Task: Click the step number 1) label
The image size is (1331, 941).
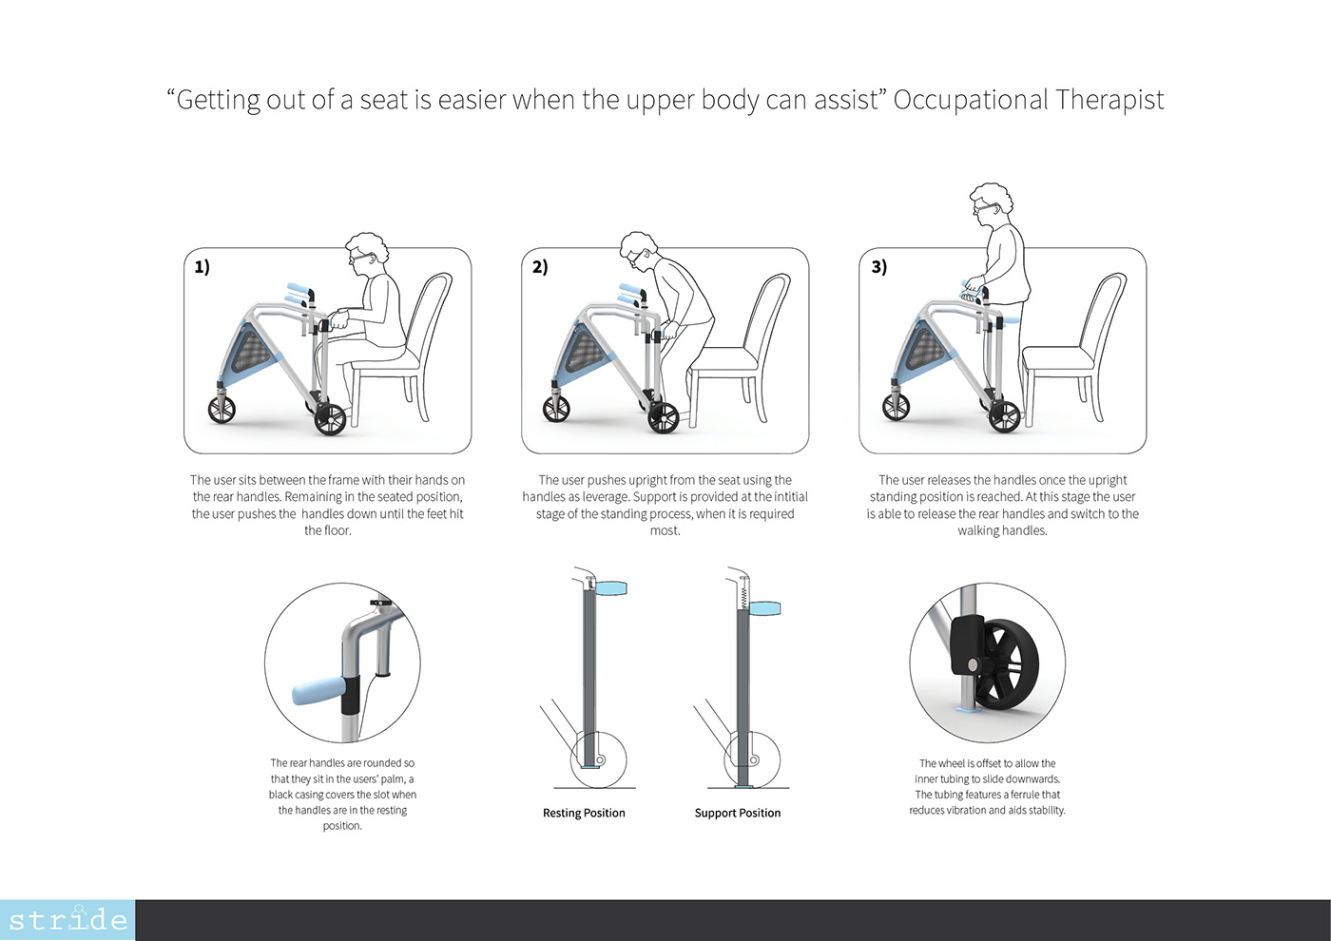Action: point(202,267)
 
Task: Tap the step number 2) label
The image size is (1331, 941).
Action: point(540,267)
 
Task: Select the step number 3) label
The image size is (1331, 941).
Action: point(879,267)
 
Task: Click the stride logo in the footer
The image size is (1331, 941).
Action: point(68,919)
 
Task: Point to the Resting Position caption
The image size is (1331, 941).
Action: point(584,813)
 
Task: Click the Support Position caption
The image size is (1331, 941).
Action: point(738,813)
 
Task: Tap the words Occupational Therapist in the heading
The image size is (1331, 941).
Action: point(1029,100)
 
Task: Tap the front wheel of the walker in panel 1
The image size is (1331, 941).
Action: point(222,409)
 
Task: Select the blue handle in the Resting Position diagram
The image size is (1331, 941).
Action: point(609,588)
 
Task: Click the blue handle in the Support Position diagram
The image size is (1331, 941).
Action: point(763,608)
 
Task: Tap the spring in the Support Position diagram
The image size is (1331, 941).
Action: point(743,595)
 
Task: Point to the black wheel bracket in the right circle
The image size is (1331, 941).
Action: point(968,643)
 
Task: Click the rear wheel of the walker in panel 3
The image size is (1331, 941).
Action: point(1005,416)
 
